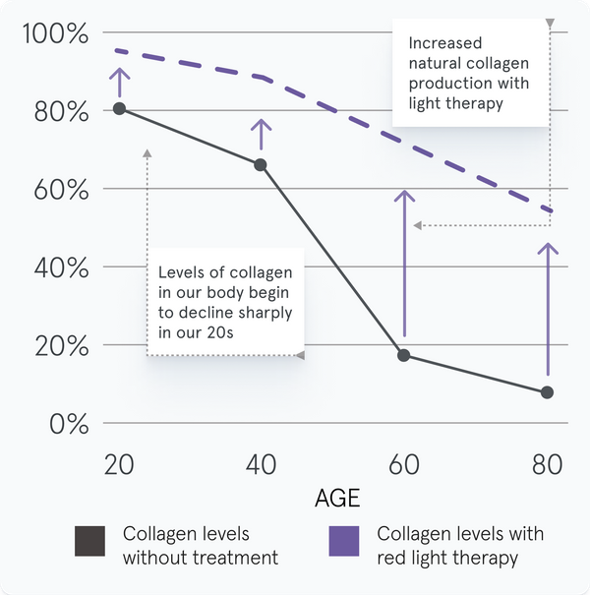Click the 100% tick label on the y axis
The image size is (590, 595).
pyautogui.click(x=55, y=34)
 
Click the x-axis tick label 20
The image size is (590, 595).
pyautogui.click(x=119, y=462)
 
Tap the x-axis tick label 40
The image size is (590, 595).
pyautogui.click(x=261, y=462)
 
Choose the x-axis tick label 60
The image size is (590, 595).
pyautogui.click(x=403, y=462)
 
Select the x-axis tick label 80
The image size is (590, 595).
pyautogui.click(x=547, y=462)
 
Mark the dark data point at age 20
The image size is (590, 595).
pyautogui.click(x=119, y=108)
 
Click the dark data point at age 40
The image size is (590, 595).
pyautogui.click(x=261, y=164)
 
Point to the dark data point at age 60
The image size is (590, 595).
pyautogui.click(x=403, y=355)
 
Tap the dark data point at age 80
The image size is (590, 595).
pyautogui.click(x=548, y=392)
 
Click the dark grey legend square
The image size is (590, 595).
pyautogui.click(x=89, y=542)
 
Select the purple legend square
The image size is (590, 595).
pyautogui.click(x=344, y=542)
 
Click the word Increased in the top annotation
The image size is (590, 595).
pyautogui.click(x=445, y=43)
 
